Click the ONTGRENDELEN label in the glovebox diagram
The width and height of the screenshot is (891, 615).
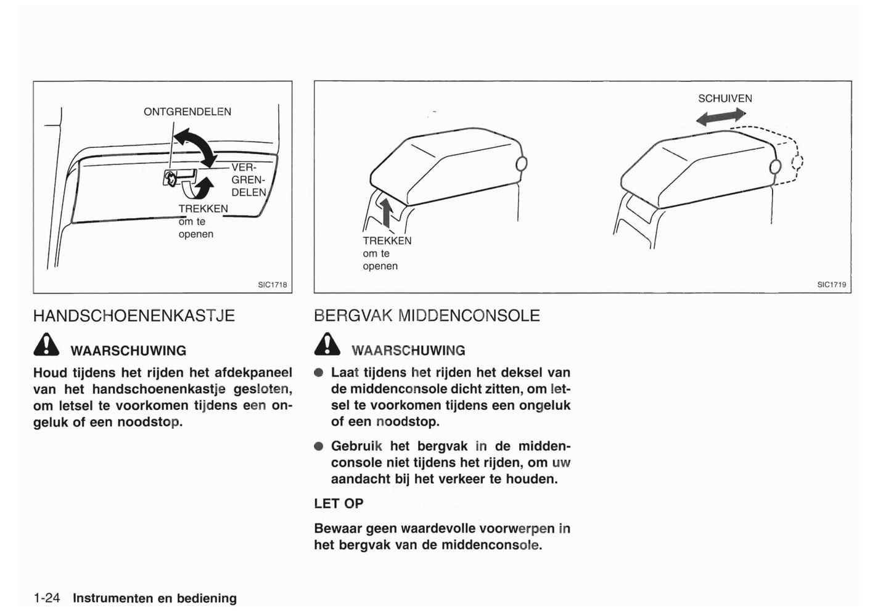coord(187,112)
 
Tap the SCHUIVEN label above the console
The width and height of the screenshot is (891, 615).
coord(725,99)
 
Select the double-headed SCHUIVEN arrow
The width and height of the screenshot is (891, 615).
coord(721,116)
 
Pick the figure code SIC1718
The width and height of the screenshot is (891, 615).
coord(273,285)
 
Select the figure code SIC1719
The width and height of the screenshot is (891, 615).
coord(831,285)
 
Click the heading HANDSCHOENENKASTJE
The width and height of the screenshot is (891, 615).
coord(134,316)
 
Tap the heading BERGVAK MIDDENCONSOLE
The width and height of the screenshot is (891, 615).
coord(427,316)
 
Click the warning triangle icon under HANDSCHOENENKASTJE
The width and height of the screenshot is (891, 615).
coord(46,345)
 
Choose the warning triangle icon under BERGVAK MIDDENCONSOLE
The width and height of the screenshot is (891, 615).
coord(327,345)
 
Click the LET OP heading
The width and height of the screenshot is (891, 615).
coord(339,503)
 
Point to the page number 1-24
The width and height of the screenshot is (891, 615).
coord(47,598)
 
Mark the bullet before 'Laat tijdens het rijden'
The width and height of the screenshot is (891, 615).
coord(319,373)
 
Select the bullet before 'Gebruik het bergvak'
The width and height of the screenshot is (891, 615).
coord(319,446)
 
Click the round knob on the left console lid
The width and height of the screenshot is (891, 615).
coord(521,163)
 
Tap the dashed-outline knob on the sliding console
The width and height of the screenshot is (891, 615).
coord(797,163)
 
